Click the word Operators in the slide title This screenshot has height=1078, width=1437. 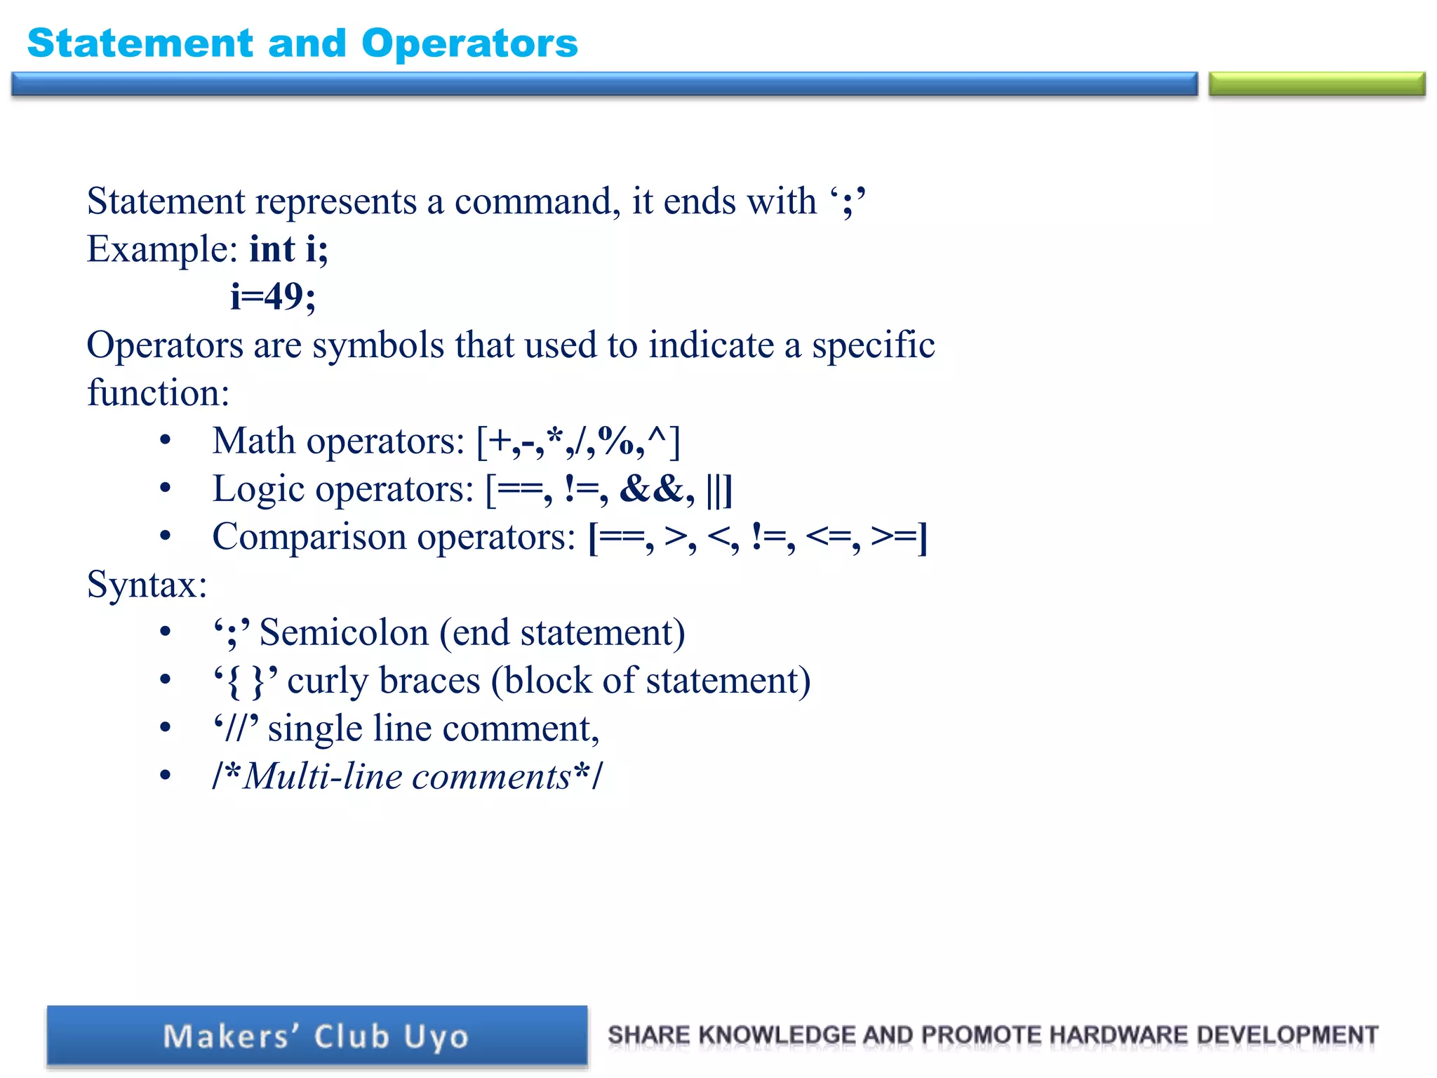(469, 44)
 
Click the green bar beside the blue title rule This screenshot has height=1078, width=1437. (1316, 84)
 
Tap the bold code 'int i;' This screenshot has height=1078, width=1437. (288, 249)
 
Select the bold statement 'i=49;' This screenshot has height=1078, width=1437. (273, 297)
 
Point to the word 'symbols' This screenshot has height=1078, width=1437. (377, 345)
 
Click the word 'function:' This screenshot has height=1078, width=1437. (158, 393)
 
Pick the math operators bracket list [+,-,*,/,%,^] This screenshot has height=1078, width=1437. (578, 441)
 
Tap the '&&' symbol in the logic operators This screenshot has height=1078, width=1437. (651, 489)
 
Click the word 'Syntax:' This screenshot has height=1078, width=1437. (147, 585)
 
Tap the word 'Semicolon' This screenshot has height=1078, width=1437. (344, 633)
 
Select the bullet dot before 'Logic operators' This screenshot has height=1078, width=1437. (165, 488)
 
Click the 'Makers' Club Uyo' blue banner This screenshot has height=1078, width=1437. (316, 1037)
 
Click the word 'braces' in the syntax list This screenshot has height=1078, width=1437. (429, 681)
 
